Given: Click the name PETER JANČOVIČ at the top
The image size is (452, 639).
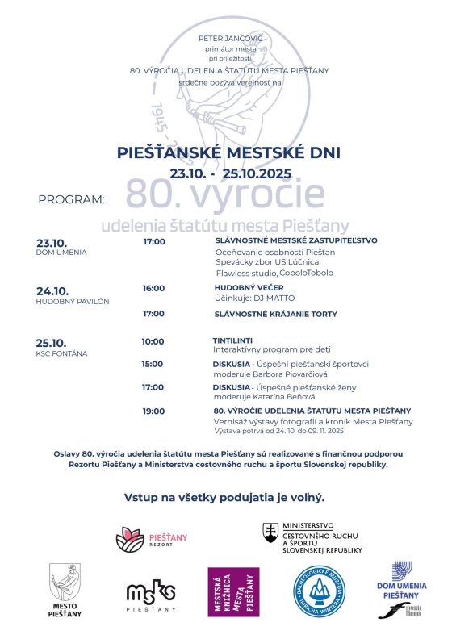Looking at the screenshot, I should [x=226, y=38].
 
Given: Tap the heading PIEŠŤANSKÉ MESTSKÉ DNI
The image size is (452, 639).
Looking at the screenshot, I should [x=227, y=152].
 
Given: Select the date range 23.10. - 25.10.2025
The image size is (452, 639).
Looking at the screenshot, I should [x=227, y=173].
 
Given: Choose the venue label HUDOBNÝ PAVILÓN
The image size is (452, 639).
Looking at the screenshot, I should [x=73, y=301].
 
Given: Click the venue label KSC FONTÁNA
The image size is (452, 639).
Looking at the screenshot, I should [x=61, y=353].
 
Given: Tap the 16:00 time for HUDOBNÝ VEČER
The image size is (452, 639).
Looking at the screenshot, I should [x=153, y=288].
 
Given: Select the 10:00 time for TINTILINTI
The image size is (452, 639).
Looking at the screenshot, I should [x=153, y=341].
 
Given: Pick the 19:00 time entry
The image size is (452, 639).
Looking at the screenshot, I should [x=153, y=411].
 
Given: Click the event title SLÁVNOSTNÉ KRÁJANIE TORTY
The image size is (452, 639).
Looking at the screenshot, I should [x=275, y=314].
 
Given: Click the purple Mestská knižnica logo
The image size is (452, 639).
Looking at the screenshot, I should [x=234, y=591].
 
